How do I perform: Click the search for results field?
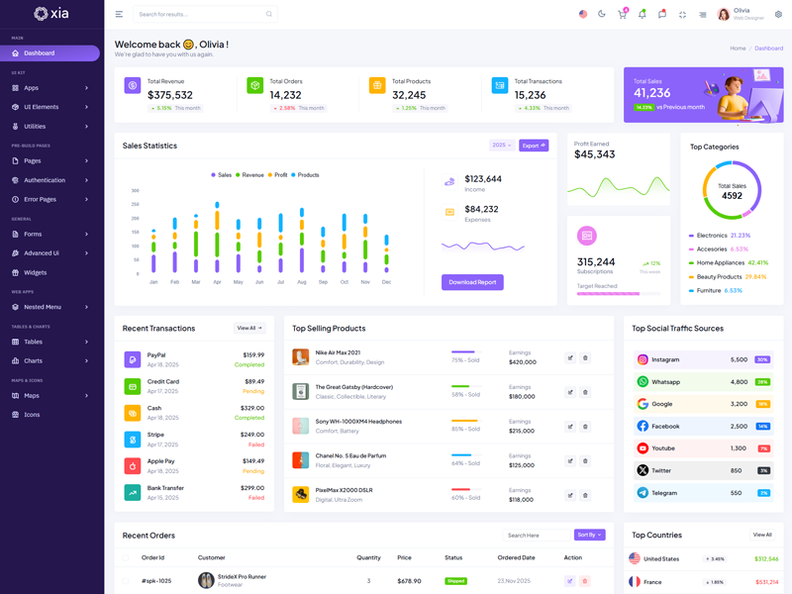[203, 15]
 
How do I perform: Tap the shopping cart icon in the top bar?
[622, 15]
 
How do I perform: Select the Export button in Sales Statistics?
[534, 146]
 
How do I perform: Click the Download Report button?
[472, 282]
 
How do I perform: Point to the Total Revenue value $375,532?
[170, 95]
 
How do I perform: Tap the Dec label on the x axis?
[386, 282]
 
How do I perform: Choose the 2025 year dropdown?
[502, 146]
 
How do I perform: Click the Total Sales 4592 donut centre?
[732, 191]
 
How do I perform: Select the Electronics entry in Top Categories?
[712, 236]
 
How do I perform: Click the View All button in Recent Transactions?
[249, 328]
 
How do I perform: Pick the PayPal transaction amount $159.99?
[252, 354]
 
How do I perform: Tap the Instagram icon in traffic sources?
[643, 359]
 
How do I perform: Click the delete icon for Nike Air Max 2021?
[585, 357]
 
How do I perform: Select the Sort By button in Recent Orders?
[589, 535]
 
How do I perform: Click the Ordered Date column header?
[516, 557]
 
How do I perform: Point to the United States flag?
[635, 558]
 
